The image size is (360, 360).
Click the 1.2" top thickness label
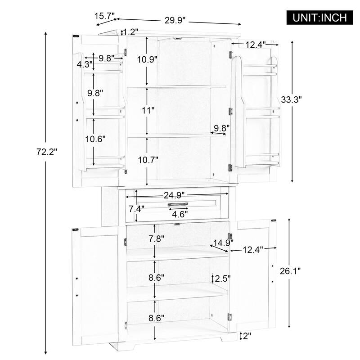tap(130, 31)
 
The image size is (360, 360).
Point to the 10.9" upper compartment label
tap(148, 60)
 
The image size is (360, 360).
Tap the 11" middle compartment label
tap(148, 110)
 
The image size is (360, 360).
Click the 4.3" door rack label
tap(85, 64)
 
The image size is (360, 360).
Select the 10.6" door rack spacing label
tap(95, 139)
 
